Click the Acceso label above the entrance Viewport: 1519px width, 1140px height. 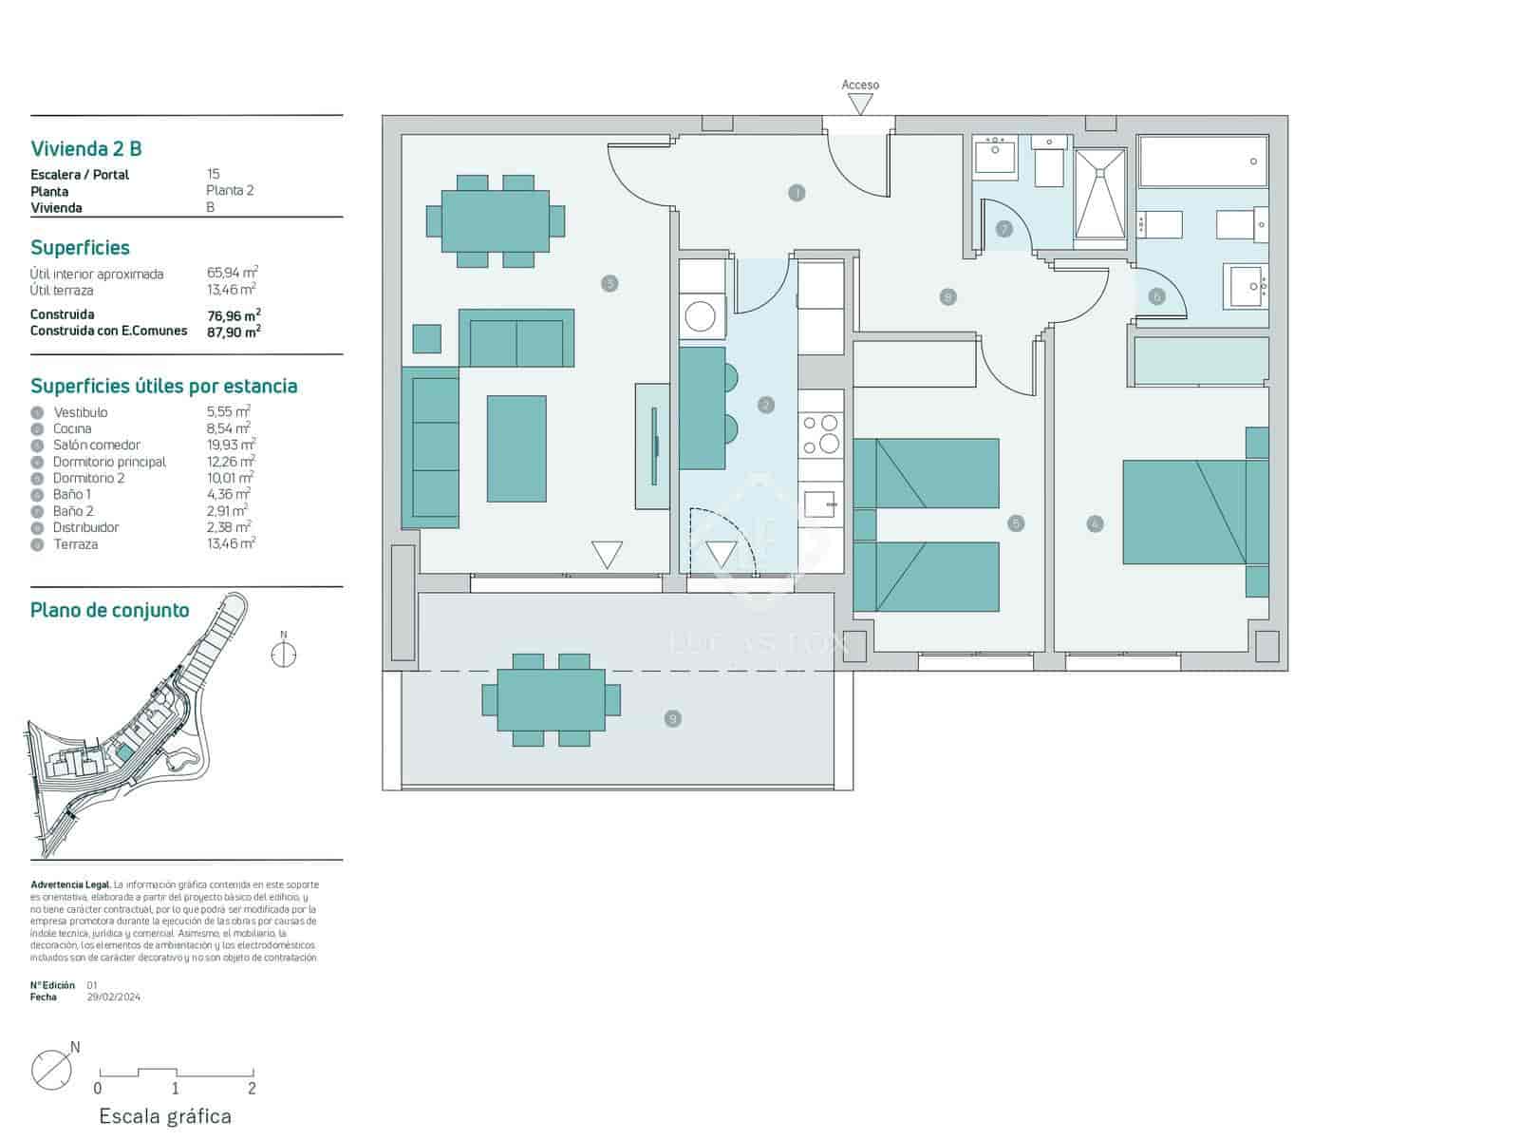click(860, 85)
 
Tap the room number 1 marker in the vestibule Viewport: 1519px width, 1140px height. click(797, 193)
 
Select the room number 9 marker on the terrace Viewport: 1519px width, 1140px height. click(673, 719)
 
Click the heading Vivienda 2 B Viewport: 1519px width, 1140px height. click(86, 148)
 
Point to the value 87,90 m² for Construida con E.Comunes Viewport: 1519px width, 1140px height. click(234, 332)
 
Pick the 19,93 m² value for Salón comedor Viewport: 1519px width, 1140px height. click(231, 445)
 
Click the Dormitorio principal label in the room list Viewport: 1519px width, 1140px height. click(109, 462)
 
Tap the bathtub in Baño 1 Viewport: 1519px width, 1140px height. click(1203, 161)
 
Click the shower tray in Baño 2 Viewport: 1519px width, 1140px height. click(1100, 195)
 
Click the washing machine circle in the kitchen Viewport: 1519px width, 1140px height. click(701, 316)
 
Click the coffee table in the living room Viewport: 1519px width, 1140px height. click(516, 448)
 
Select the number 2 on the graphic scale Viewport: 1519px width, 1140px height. click(252, 1089)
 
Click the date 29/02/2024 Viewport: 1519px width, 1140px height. click(113, 997)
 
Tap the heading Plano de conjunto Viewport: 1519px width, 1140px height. click(109, 610)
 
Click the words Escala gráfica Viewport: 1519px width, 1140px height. click(165, 1116)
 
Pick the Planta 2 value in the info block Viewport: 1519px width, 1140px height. click(230, 190)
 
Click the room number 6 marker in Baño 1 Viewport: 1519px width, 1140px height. click(1155, 296)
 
